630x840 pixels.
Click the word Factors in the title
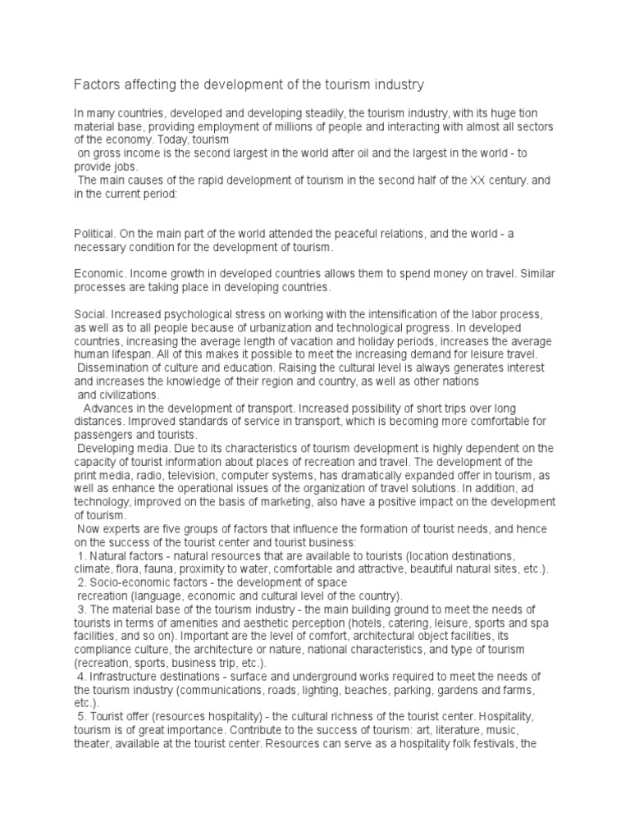point(98,84)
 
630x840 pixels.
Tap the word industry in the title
point(395,84)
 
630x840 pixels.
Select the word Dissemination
point(116,367)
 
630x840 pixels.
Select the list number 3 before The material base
point(80,609)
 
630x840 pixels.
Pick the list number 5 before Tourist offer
point(80,716)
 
